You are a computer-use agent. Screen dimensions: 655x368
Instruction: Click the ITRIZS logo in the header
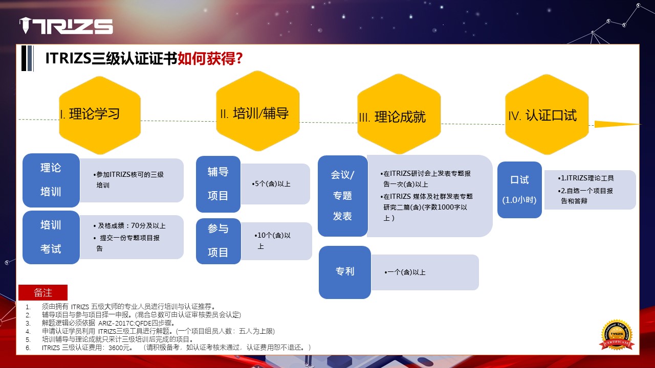[66, 26]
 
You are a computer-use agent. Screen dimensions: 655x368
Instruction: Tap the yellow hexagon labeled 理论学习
[100, 115]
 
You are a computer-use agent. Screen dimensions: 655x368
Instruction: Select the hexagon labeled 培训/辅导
[257, 111]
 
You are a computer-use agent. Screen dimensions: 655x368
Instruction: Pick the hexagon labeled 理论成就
[399, 114]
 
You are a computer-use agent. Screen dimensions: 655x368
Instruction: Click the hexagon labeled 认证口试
[547, 114]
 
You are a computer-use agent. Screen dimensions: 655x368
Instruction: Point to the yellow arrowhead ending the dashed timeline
[618, 124]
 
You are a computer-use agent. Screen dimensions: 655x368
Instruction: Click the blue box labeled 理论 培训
[51, 180]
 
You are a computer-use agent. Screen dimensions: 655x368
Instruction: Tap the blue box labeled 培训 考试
[51, 237]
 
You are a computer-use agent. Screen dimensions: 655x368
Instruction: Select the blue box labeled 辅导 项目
[218, 184]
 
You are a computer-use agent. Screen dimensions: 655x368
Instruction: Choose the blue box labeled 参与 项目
[219, 241]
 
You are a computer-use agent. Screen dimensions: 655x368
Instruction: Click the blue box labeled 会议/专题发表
[343, 196]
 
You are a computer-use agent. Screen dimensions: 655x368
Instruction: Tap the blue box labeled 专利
[345, 272]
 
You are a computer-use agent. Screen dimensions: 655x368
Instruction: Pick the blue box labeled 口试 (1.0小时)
[519, 190]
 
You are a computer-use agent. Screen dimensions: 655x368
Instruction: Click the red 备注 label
[43, 292]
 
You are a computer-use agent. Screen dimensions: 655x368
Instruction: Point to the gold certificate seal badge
[617, 335]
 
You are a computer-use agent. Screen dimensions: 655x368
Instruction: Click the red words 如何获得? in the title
[210, 58]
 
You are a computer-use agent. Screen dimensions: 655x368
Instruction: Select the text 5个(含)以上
[271, 183]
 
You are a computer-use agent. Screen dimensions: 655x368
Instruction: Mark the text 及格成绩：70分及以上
[132, 226]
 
